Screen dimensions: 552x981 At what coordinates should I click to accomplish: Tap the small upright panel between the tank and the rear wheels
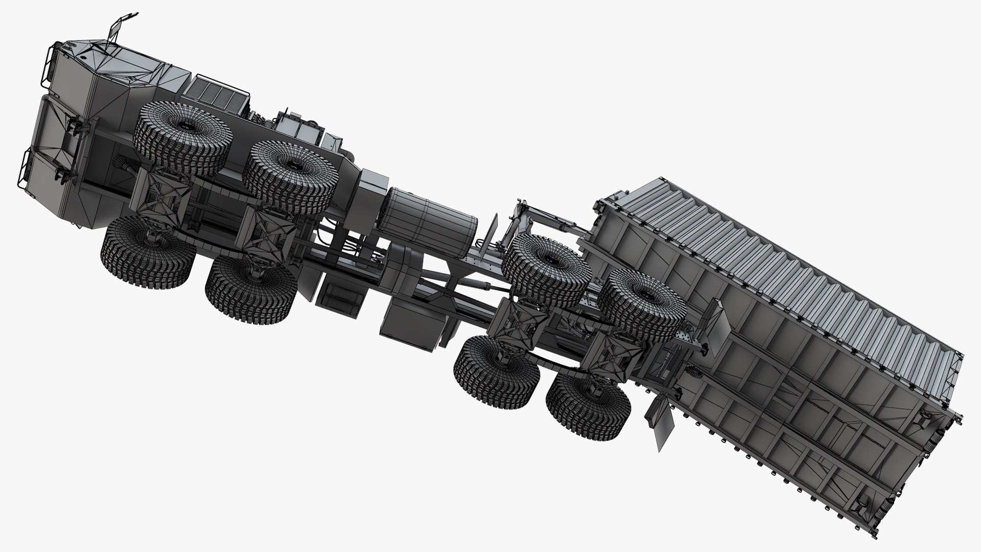(494, 227)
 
